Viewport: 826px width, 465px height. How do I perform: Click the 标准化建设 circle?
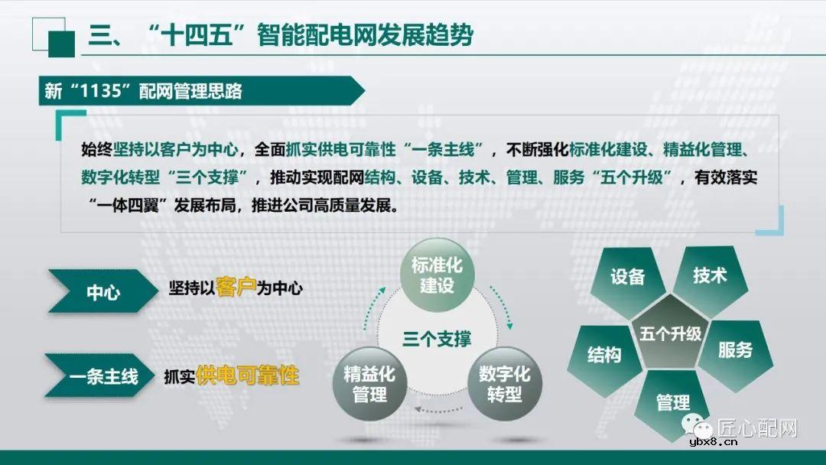point(437,275)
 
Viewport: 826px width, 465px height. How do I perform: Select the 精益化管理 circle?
point(369,385)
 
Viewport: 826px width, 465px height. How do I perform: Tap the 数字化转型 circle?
point(504,384)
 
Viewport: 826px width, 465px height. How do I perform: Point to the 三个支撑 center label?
point(437,339)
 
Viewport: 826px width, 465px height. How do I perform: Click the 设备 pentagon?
point(628,278)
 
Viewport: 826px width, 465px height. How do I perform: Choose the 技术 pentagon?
point(709,276)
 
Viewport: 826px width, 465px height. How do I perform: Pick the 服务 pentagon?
point(734,350)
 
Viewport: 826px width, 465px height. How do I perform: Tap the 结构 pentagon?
point(604,356)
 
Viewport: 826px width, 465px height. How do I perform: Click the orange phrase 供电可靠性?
point(247,375)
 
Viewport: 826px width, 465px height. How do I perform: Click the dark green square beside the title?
point(61,43)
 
